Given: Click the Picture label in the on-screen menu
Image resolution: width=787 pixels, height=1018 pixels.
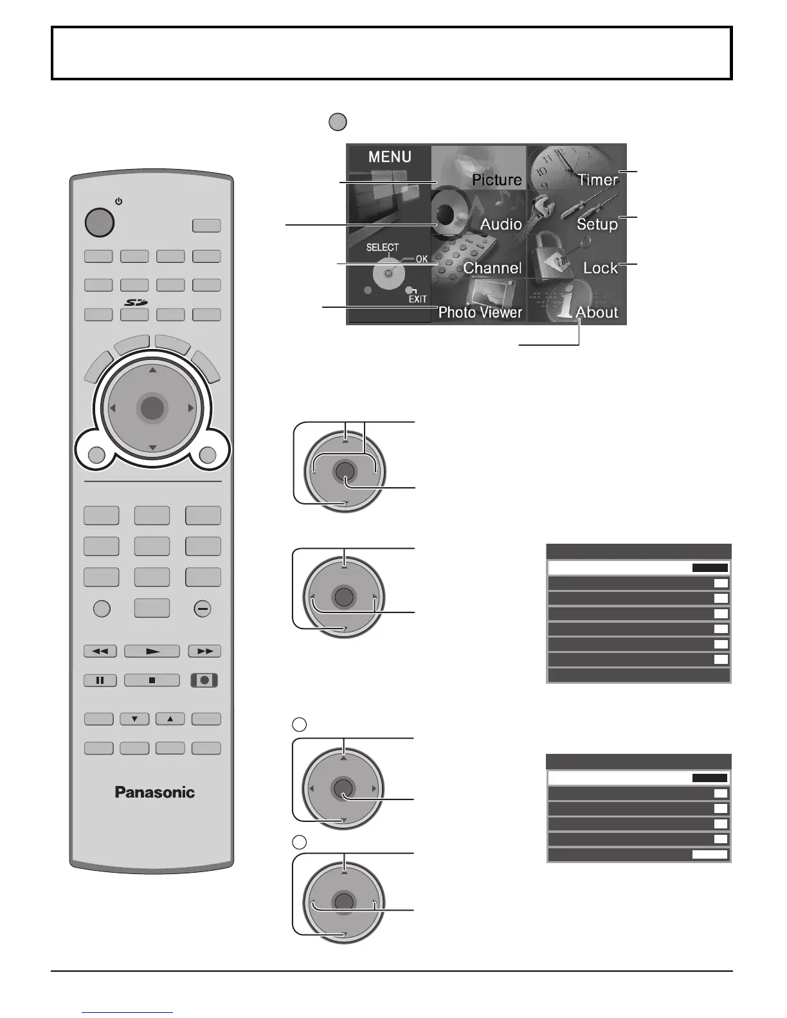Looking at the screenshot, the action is click(x=496, y=180).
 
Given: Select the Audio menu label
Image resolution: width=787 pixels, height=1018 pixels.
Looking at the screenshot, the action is click(x=501, y=224).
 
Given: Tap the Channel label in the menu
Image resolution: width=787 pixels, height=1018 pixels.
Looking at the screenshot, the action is click(x=493, y=268).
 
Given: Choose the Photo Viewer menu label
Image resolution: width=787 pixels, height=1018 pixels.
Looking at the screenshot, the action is click(x=480, y=312).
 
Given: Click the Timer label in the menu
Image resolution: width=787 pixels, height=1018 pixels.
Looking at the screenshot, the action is click(x=597, y=180).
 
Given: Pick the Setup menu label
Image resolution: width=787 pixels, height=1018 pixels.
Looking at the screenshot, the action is click(x=597, y=224).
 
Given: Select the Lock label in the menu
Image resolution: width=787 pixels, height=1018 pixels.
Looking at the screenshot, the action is click(x=600, y=268).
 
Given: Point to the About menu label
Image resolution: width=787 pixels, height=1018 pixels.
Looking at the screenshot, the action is click(x=597, y=312).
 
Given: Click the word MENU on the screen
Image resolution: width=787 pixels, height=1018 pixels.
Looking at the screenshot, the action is click(x=390, y=157).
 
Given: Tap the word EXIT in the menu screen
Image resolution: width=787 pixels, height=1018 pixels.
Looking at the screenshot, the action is click(x=418, y=299).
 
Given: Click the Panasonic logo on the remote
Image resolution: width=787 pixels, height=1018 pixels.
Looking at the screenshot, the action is click(x=154, y=792).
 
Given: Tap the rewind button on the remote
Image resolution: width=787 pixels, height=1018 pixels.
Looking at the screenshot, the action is click(x=100, y=651).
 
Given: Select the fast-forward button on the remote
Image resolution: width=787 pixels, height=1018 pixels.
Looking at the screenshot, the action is click(x=204, y=651).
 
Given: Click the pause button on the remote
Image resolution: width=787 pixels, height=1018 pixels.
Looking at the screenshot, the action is click(x=100, y=680).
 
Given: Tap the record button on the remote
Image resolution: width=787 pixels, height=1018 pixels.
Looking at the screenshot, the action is click(x=204, y=680).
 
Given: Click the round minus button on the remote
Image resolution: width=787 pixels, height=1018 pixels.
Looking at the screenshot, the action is click(x=203, y=609).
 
